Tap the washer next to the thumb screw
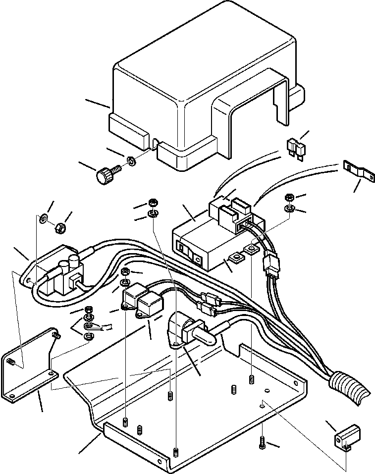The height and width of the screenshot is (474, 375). point(132,160)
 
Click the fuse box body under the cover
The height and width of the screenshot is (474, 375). point(203,248)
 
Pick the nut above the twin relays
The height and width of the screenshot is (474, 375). point(126,271)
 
